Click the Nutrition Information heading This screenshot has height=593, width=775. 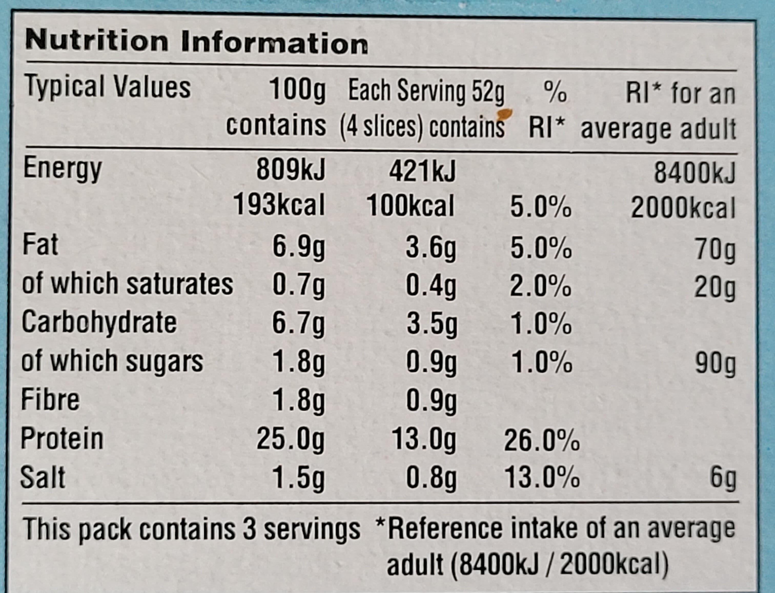coord(197,43)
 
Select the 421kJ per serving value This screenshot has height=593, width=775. coord(422,171)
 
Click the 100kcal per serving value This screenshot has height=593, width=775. coord(411,206)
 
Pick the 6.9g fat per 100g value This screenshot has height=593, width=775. coord(298,248)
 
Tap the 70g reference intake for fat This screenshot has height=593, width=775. coord(715,251)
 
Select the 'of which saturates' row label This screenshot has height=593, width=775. coord(127,283)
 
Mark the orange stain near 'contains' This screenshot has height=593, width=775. coord(504,114)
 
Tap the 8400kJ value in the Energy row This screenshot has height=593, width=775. coord(695,173)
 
